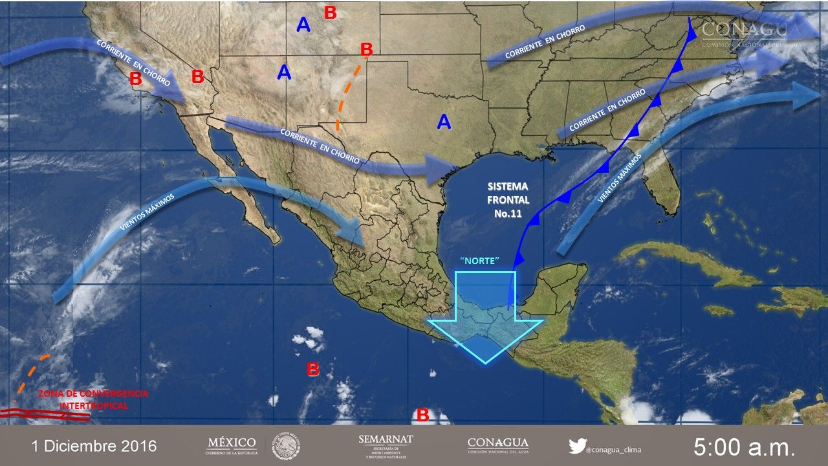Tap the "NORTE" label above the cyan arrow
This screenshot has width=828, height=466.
click(481, 260)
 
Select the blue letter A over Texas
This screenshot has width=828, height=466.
click(444, 122)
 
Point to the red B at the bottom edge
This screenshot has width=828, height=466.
click(423, 415)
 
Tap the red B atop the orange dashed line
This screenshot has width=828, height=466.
click(367, 49)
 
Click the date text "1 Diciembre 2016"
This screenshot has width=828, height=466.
click(94, 446)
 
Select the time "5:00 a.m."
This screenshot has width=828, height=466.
click(744, 447)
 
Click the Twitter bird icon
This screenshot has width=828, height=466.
click(577, 445)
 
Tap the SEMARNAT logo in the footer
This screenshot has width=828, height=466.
click(386, 445)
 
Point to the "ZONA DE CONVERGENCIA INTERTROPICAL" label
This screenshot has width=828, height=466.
click(93, 399)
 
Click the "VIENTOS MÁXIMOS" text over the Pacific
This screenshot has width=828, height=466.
click(147, 212)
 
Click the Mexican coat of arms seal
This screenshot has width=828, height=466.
click(285, 446)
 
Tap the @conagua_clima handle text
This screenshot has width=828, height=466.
click(615, 447)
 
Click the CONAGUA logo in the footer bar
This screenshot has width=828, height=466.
click(497, 445)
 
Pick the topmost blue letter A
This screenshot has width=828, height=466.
click(303, 25)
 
